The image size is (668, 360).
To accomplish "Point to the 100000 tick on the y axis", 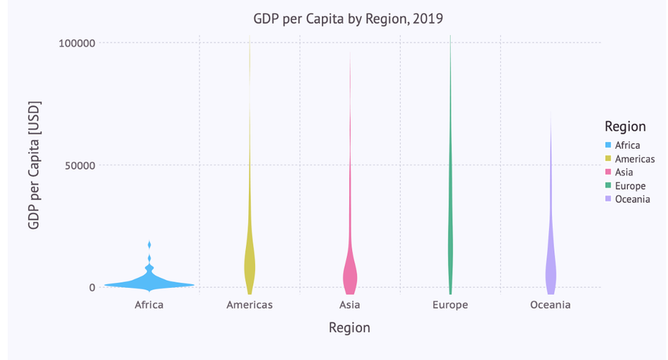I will (77, 43).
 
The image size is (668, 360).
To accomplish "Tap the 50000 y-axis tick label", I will (80, 165).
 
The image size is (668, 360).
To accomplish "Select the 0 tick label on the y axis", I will (92, 287).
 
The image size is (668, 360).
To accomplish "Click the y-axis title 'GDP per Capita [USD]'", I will (34, 165).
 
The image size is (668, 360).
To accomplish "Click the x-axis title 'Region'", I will (349, 328).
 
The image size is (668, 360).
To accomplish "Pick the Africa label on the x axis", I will (149, 305).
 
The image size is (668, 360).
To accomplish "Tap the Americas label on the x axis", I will (249, 305).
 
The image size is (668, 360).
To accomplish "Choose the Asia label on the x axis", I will (350, 305).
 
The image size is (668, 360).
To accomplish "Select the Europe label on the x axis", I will (450, 305).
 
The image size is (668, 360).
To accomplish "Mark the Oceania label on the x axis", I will (550, 305).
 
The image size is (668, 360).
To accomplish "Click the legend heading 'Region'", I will (625, 126).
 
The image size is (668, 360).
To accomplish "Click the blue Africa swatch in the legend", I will (608, 145).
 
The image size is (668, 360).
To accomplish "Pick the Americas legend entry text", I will (635, 159).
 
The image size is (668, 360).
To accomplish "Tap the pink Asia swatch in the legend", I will (608, 172).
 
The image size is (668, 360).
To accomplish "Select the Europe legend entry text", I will (630, 186).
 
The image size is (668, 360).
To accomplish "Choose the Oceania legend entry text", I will (632, 199).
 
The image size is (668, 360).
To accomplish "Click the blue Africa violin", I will (150, 283).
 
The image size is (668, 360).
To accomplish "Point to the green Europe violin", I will (450, 228).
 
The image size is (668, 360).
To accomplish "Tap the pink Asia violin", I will (350, 273).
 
